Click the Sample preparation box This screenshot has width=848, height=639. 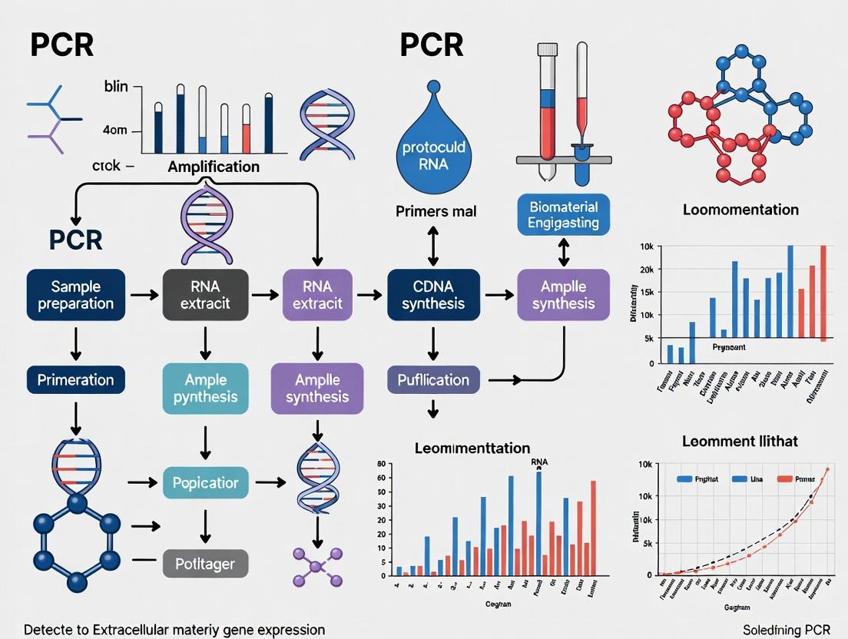[x=75, y=295]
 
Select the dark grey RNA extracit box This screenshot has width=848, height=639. [x=205, y=295]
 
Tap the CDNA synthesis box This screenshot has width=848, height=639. [x=432, y=295]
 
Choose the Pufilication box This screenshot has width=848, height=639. [x=432, y=379]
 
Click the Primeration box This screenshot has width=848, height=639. [x=75, y=379]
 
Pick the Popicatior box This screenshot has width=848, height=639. [x=205, y=483]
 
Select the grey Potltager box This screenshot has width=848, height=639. [x=205, y=565]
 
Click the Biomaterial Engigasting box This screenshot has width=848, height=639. [x=563, y=214]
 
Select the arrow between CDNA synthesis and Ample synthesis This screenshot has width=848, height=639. [x=499, y=295]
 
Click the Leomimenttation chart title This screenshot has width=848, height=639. [x=472, y=448]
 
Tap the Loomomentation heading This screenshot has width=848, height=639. [x=740, y=210]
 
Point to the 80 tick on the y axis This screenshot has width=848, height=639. [x=381, y=464]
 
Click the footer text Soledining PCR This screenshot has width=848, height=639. [x=791, y=630]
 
